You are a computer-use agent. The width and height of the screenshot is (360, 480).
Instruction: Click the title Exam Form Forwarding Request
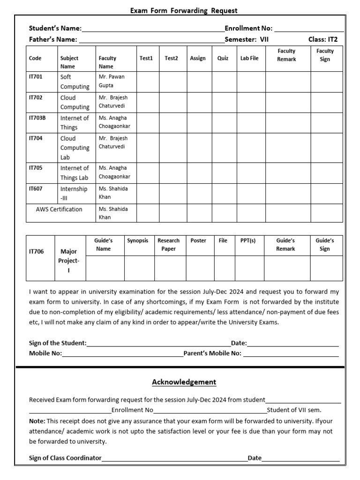pos(184,10)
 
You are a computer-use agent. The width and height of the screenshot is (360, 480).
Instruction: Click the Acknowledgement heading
pos(184,382)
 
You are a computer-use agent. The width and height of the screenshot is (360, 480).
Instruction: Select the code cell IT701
pos(36,76)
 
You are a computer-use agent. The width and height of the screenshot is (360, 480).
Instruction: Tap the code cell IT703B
pos(37,118)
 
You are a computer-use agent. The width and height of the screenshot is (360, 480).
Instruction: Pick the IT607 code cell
pos(36,189)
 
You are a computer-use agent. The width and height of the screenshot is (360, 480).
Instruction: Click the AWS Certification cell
pos(59,209)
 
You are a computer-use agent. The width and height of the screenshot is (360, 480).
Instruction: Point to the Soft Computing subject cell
pos(75,82)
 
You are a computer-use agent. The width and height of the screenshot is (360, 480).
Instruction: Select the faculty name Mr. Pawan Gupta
pos(112,81)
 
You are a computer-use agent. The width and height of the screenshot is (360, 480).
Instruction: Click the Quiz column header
pos(223,58)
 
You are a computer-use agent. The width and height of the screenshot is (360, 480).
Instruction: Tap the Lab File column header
pos(249,58)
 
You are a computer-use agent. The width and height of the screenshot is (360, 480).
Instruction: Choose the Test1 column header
pos(146,58)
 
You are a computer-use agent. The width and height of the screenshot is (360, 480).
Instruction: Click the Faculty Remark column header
pos(286,55)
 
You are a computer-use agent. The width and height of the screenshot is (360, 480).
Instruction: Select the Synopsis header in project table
pos(137,240)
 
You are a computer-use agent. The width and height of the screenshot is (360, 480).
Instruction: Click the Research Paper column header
pos(168,245)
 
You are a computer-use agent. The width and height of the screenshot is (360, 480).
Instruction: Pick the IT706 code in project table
pos(37,251)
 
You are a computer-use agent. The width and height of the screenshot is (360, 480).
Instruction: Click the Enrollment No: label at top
pos(248,28)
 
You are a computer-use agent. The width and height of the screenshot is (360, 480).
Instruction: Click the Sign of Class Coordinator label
pos(65,458)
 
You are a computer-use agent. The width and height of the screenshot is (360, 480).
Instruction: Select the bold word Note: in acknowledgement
pos(37,421)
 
